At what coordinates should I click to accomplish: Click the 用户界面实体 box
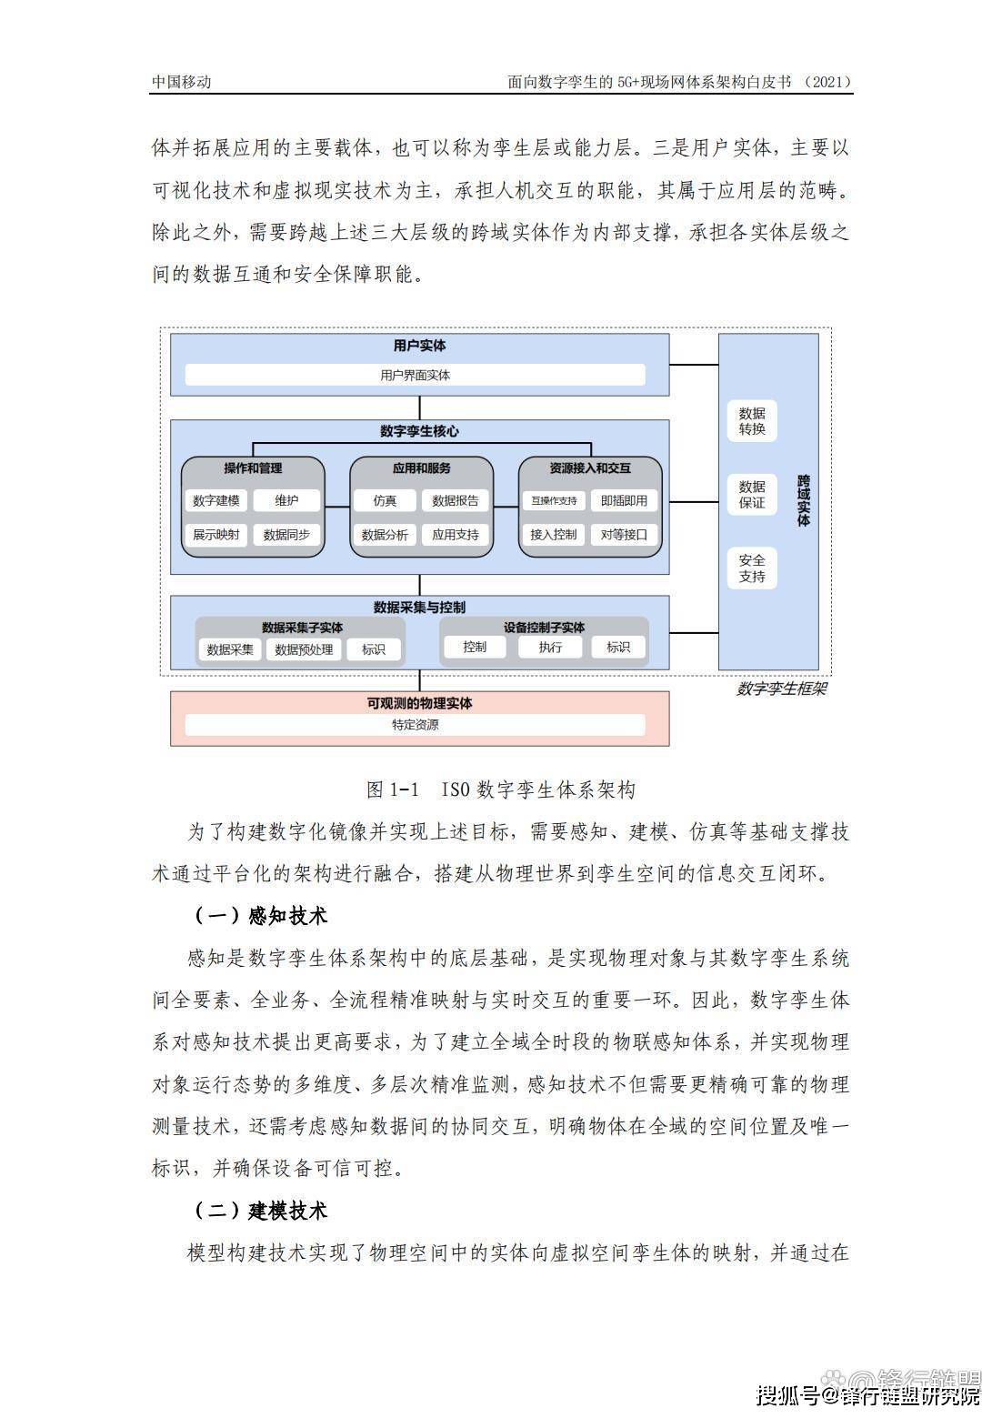click(415, 375)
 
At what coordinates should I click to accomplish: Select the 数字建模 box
click(216, 500)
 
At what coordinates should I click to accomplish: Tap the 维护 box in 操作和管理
click(286, 500)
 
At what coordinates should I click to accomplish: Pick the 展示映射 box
click(216, 535)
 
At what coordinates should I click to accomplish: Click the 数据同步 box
click(286, 535)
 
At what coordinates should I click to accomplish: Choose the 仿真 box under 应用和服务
click(385, 500)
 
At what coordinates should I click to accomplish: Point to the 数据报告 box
click(455, 500)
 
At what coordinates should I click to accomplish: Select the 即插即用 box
click(624, 500)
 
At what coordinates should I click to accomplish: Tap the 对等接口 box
click(624, 535)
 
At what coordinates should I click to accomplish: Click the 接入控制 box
click(554, 535)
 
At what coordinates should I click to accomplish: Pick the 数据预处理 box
click(304, 649)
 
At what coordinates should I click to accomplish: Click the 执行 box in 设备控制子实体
click(550, 647)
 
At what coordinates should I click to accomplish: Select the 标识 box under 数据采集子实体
click(373, 649)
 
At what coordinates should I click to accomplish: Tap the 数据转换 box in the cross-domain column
click(752, 421)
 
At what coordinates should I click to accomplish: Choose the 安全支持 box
click(752, 568)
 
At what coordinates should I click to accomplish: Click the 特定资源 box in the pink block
click(415, 725)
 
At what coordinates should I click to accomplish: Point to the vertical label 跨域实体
click(803, 500)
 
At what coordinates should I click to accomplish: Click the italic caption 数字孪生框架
click(781, 689)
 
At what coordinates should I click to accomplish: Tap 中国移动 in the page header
click(181, 82)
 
